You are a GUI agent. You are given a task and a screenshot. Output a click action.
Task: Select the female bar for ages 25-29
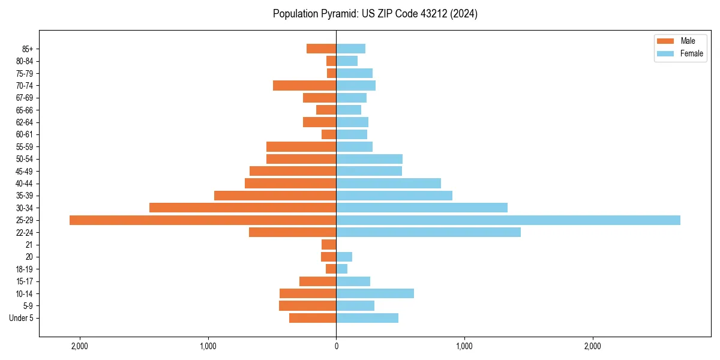[508, 220]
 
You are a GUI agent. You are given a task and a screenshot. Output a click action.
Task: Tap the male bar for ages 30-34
[242, 208]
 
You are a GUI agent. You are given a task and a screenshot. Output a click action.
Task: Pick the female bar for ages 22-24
[428, 232]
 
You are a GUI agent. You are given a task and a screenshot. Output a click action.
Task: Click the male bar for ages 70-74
[304, 86]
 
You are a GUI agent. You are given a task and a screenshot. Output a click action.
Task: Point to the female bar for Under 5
[367, 318]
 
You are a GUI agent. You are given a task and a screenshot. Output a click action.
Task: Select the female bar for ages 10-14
[375, 293]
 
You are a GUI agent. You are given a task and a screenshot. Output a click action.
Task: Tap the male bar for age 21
[329, 245]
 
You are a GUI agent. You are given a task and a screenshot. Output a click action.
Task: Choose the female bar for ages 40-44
[388, 184]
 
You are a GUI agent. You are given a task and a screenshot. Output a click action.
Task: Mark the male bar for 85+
[321, 49]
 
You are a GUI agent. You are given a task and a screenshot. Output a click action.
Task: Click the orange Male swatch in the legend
[665, 41]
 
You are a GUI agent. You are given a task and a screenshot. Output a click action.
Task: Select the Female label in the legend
[691, 53]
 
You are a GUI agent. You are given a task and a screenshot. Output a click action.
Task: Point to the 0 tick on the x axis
[336, 346]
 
